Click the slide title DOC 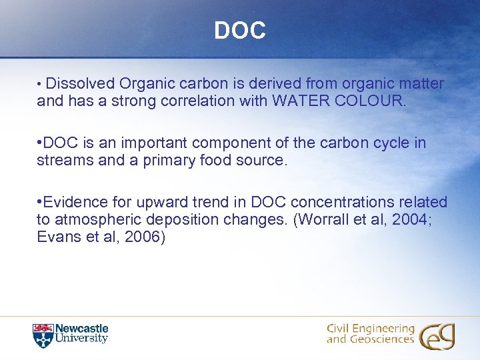pyautogui.click(x=240, y=30)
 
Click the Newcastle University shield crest pyautogui.click(x=41, y=335)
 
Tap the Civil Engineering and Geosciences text pyautogui.click(x=371, y=334)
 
